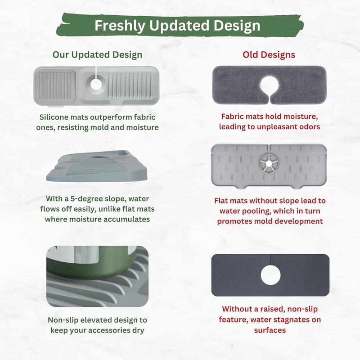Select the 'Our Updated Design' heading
coord(97,55)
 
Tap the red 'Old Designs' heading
coord(269,55)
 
